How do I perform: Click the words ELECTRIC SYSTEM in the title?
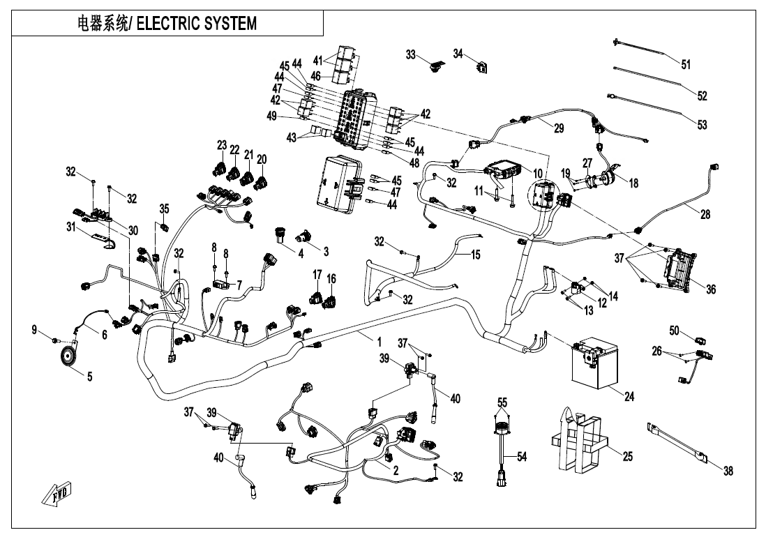point(196,23)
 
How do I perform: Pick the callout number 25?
point(628,456)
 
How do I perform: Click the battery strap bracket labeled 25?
point(578,440)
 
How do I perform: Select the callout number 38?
point(728,471)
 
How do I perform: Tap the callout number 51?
point(686,65)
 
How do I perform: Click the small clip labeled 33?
point(436,66)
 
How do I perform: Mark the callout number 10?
point(537,172)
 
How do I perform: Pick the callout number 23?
point(223,146)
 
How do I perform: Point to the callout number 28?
point(705,215)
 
